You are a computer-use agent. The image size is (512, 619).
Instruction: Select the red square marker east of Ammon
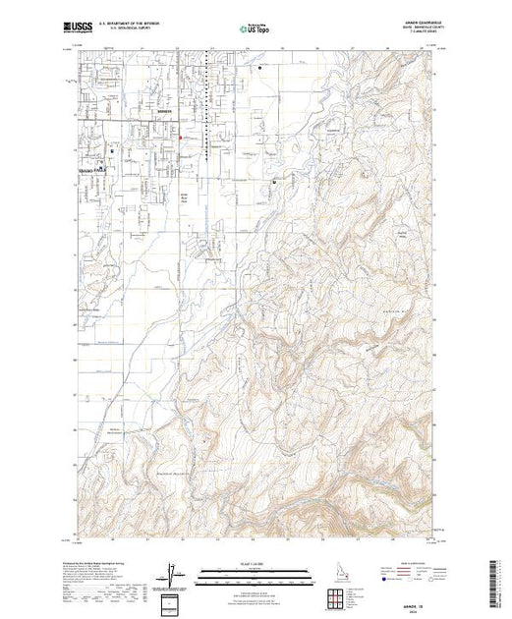pyautogui.click(x=182, y=139)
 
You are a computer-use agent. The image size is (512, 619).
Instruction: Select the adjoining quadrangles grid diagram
pyautogui.click(x=341, y=595)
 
